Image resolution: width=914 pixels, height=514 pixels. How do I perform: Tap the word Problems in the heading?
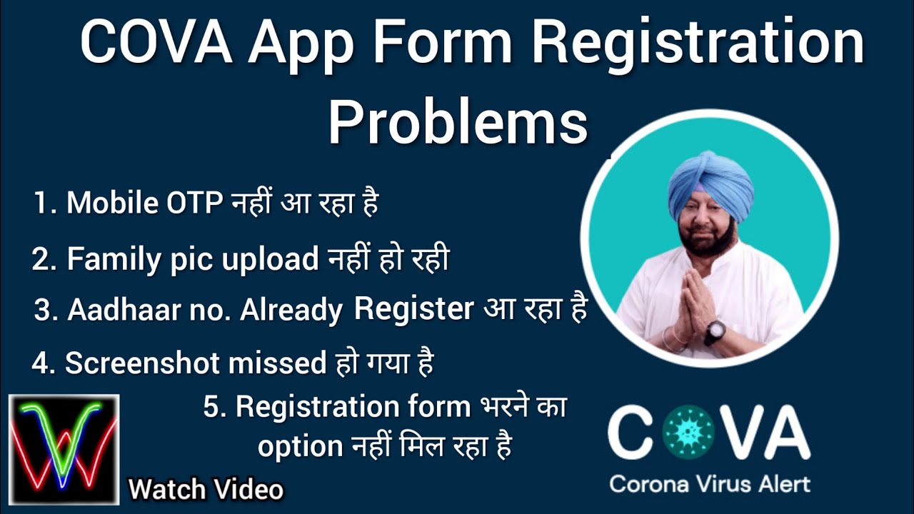pyautogui.click(x=458, y=122)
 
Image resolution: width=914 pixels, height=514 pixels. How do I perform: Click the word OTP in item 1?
pyautogui.click(x=195, y=203)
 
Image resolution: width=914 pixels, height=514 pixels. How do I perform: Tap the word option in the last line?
pyautogui.click(x=300, y=447)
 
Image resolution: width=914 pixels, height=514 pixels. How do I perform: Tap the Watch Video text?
pyautogui.click(x=206, y=490)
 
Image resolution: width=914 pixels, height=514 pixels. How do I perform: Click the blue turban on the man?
pyautogui.click(x=710, y=183)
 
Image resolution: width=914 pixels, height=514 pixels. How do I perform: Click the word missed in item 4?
pyautogui.click(x=277, y=363)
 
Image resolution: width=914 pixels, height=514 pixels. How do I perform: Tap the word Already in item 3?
pyautogui.click(x=293, y=310)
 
